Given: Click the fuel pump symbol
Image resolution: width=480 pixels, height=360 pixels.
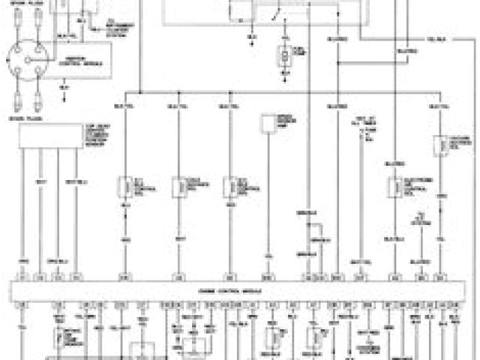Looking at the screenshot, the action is [283, 54].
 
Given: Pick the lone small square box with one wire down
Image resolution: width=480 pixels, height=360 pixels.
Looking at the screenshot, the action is [268, 124].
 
